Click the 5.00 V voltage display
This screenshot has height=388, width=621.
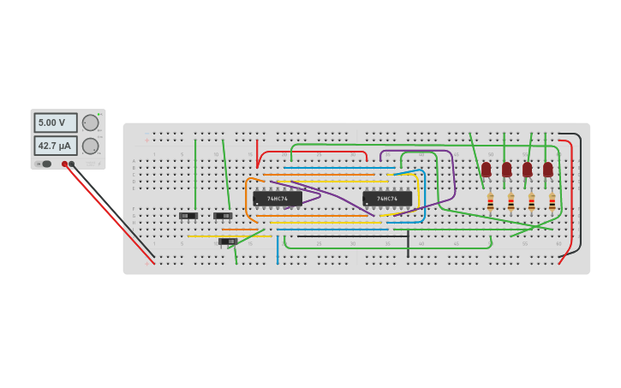(55, 122)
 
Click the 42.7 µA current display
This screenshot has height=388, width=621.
(55, 146)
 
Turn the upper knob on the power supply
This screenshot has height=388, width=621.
(90, 122)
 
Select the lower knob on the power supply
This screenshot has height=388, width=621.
(90, 146)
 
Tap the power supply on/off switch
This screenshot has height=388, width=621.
(44, 164)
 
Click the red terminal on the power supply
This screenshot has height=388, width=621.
(64, 164)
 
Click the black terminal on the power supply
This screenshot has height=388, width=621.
(72, 164)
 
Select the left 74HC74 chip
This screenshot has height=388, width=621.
(278, 199)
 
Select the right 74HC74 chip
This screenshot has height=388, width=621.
(387, 199)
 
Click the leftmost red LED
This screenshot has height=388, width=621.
(486, 169)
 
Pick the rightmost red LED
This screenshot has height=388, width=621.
(548, 169)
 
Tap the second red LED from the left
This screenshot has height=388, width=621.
(506, 169)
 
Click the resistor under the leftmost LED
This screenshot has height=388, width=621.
(490, 202)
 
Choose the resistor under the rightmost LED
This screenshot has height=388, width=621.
(552, 202)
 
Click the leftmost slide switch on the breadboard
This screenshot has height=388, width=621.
(188, 216)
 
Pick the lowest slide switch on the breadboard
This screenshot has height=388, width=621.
(228, 242)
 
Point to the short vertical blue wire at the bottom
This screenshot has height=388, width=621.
(278, 249)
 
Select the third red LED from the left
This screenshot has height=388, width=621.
(527, 169)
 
